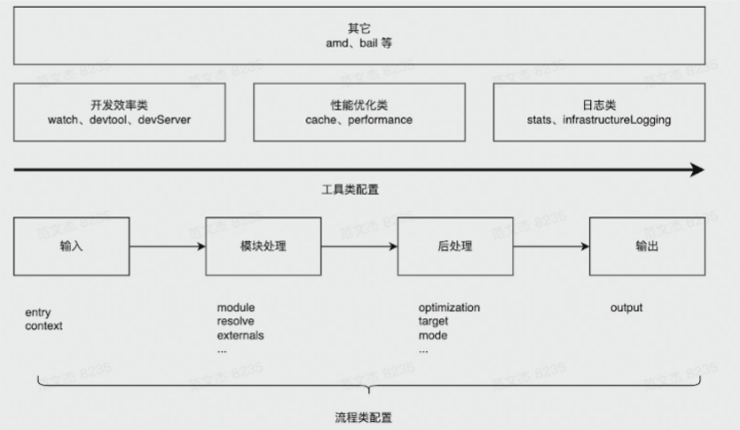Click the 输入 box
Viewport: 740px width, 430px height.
(x=72, y=246)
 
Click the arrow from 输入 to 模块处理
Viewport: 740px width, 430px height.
(x=168, y=246)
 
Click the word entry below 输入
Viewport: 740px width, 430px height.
(x=38, y=312)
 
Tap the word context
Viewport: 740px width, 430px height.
(x=44, y=325)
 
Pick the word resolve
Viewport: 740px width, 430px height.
(x=236, y=322)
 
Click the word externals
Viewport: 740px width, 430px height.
(x=241, y=336)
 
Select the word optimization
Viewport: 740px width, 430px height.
(x=449, y=308)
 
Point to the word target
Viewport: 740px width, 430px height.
(x=435, y=322)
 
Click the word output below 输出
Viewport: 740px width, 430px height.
(x=626, y=308)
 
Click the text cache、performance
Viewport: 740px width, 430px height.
(x=352, y=119)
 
